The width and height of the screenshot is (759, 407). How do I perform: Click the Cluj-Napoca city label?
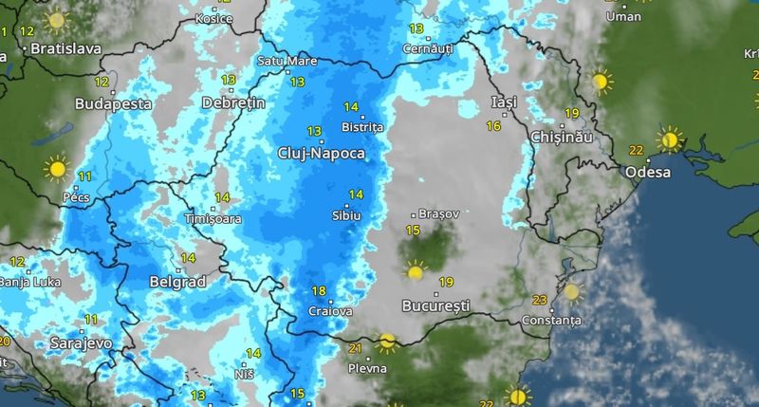pos(321,152)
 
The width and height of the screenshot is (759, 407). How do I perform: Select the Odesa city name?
pos(648,173)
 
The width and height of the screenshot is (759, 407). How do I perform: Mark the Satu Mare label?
pos(287,61)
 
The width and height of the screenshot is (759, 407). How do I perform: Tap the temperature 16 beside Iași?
pos(493,126)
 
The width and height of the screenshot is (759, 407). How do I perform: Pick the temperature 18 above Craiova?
pos(319,291)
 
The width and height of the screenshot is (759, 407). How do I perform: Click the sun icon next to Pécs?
pos(57,170)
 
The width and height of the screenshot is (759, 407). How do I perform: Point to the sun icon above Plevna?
pos(386,342)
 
